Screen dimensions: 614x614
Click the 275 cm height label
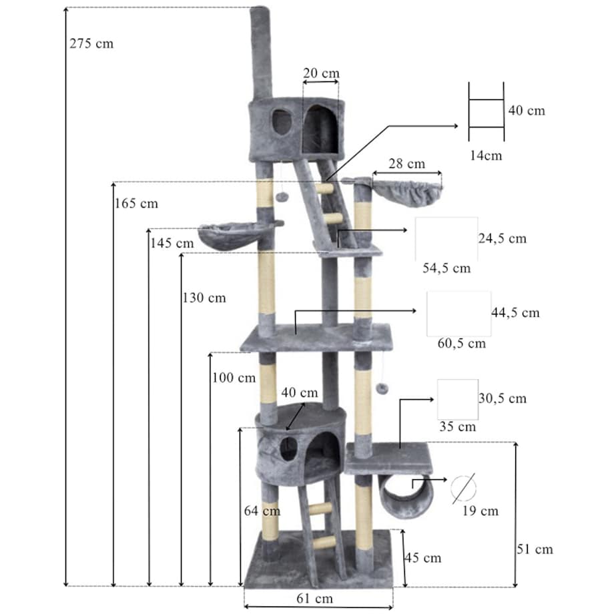pyautogui.click(x=91, y=43)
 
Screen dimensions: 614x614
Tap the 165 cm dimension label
pyautogui.click(x=136, y=204)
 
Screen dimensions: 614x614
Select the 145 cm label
pyautogui.click(x=172, y=243)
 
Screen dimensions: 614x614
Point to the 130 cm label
pyautogui.click(x=204, y=298)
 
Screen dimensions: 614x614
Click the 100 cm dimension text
pyautogui.click(x=234, y=378)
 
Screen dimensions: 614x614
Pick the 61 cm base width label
pyautogui.click(x=314, y=599)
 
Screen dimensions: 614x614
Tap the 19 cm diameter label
pyautogui.click(x=481, y=511)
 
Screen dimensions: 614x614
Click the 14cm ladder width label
pyautogui.click(x=486, y=156)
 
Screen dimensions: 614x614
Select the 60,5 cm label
pyautogui.click(x=462, y=344)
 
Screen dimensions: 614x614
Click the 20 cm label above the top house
pyautogui.click(x=321, y=73)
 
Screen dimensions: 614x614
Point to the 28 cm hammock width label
pyautogui.click(x=407, y=164)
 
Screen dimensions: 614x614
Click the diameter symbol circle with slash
pyautogui.click(x=463, y=489)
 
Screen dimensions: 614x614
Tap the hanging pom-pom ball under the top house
pyautogui.click(x=280, y=197)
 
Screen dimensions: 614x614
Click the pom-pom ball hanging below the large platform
pyautogui.click(x=382, y=388)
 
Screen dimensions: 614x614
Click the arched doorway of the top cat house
pyautogui.click(x=320, y=129)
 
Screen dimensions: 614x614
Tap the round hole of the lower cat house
pyautogui.click(x=288, y=448)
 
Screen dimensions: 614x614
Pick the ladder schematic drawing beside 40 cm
pyautogui.click(x=487, y=111)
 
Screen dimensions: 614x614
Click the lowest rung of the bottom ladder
pyautogui.click(x=324, y=543)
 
